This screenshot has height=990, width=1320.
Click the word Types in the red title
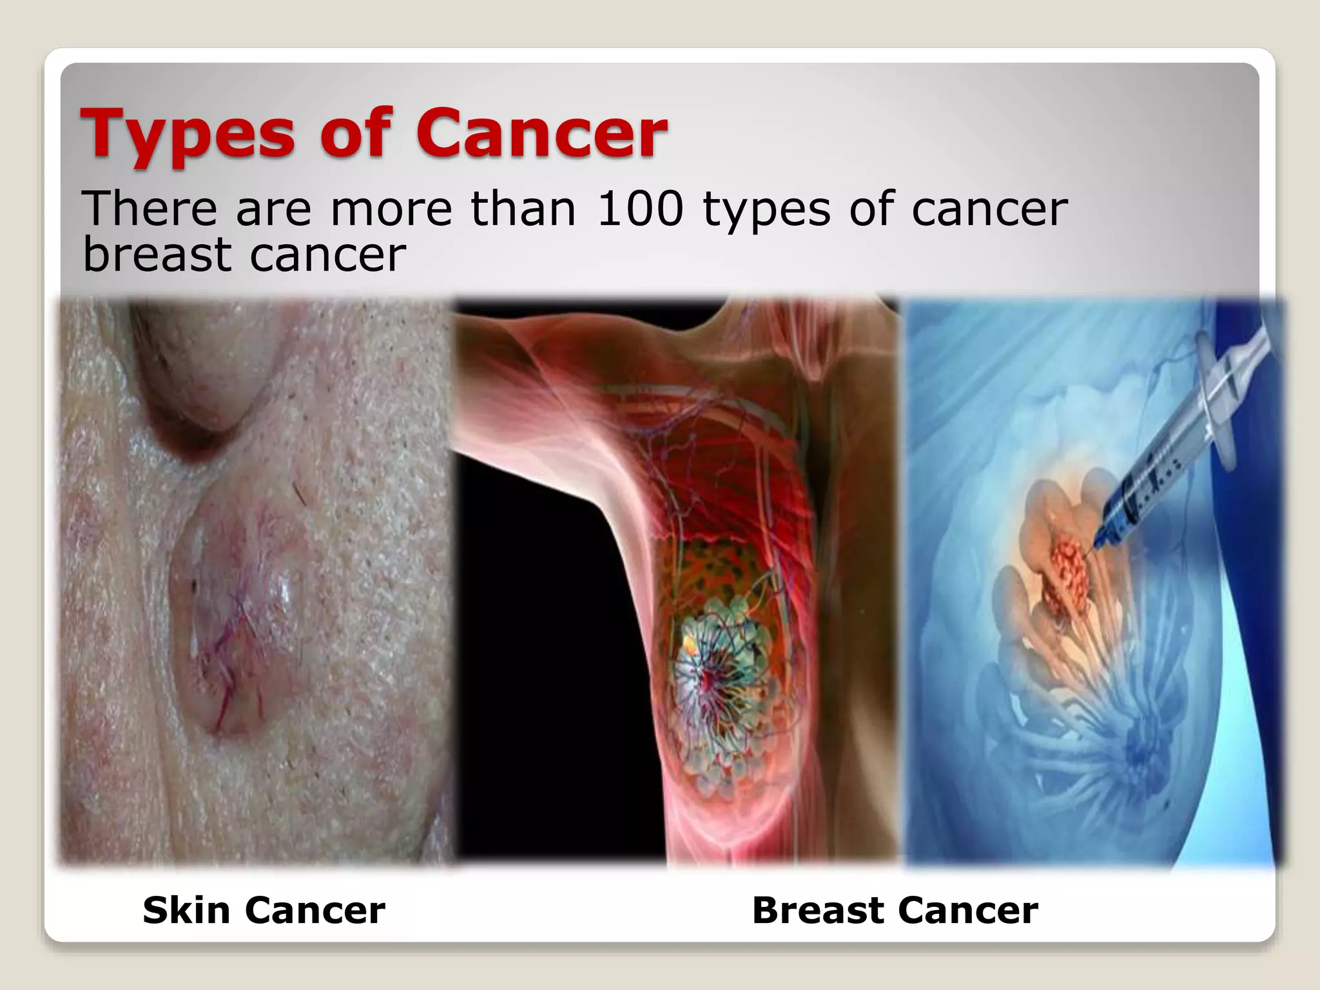pos(188,135)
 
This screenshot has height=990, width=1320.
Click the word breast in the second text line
pos(157,254)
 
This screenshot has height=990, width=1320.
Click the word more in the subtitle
pos(391,209)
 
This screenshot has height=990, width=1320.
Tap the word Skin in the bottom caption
pos(186,910)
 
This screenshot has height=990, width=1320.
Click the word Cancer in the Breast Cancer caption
pos(967,910)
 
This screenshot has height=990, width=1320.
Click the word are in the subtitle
pos(274,209)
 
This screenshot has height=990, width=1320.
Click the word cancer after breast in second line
pos(328,255)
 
